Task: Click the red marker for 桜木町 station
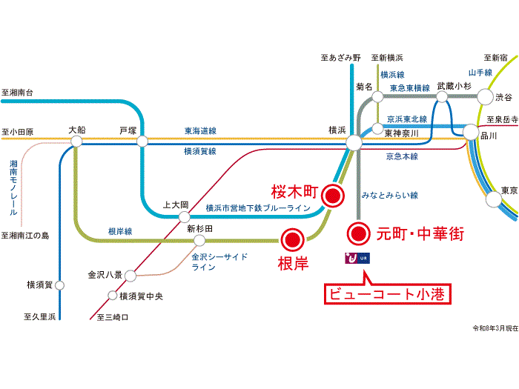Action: pos(333,196)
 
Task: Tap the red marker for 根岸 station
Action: pos(293,239)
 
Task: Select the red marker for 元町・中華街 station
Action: pos(358,234)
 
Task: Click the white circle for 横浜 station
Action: pos(354,142)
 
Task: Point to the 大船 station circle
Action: pos(76,142)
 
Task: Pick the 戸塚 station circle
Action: pos(142,142)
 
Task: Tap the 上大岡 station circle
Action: pos(185,217)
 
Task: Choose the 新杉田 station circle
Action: pos(199,241)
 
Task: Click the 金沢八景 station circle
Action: pos(130,276)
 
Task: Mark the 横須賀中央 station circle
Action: pos(113,295)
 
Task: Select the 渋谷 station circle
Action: pos(485,96)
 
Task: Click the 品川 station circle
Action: pos(470,133)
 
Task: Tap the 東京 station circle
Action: pos(494,199)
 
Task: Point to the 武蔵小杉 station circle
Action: pos(442,97)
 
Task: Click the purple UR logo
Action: pos(357,258)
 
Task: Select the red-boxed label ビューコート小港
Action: pos(388,293)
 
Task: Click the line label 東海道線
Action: pos(200,131)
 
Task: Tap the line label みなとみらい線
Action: pos(389,195)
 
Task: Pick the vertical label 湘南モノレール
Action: pos(13,188)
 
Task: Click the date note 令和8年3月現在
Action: pos(495,328)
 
